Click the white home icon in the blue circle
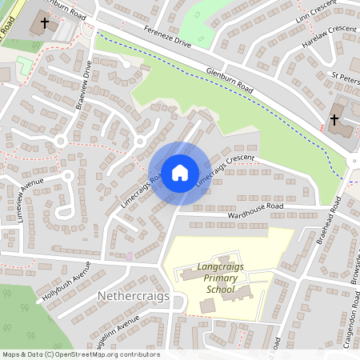click(179, 172)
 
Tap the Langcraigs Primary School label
click(219, 278)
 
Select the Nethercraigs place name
click(134, 297)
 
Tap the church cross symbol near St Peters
click(334, 120)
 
